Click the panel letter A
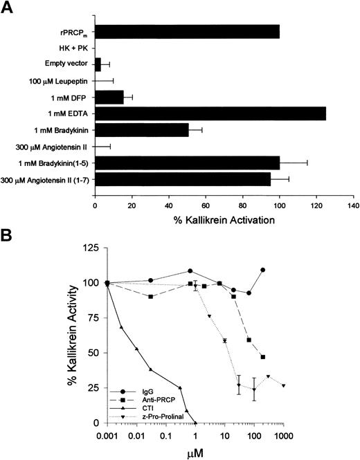tap(9, 9)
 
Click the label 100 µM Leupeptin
tap(60, 81)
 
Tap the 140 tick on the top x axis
tap(353, 205)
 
